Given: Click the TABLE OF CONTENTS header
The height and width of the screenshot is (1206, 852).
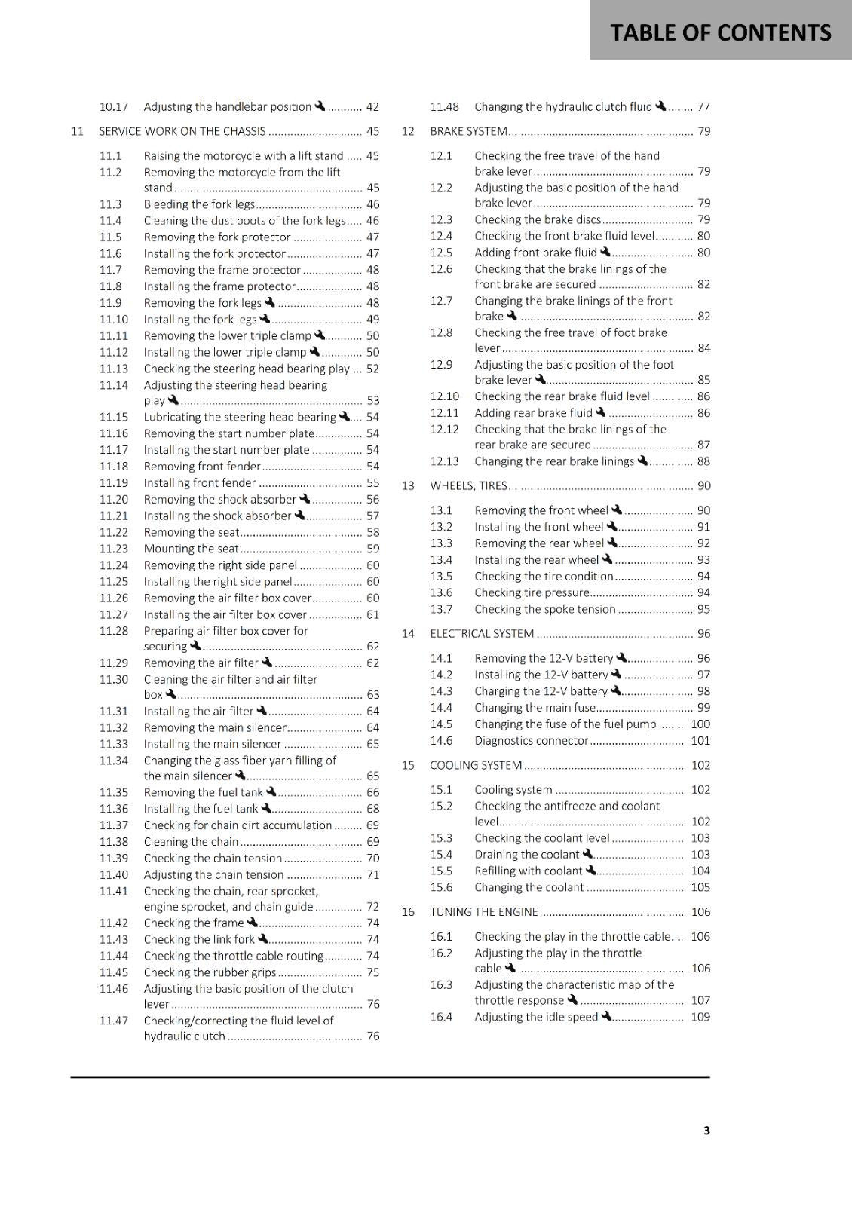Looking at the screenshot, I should click(720, 32).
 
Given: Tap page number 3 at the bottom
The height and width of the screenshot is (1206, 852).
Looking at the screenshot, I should click(706, 1130).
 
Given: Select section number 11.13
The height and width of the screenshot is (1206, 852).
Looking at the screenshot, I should click(114, 369).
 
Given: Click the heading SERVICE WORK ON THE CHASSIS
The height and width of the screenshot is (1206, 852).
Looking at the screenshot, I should click(182, 131).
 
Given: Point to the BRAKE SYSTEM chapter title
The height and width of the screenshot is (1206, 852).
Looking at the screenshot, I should click(468, 131).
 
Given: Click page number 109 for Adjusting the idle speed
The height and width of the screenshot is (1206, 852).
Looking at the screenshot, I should click(700, 1017).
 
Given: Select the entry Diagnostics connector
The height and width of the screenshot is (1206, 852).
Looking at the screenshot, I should click(531, 741).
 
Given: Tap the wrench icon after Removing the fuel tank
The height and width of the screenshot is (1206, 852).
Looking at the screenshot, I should click(271, 791).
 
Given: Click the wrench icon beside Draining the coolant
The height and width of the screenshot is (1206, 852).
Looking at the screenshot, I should click(587, 854).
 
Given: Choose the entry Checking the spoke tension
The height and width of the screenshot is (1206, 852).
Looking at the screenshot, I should click(544, 609).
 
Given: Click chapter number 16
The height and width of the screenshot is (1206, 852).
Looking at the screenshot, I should click(408, 912).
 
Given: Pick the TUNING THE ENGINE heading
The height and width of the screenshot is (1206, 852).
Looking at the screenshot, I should click(484, 912).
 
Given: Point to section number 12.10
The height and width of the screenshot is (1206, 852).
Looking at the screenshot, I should click(444, 396).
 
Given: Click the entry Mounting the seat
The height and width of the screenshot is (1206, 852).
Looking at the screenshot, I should click(191, 549).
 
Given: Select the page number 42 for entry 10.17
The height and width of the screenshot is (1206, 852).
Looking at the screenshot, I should click(372, 107).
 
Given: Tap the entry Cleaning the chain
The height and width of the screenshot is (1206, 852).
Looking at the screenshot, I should click(191, 842).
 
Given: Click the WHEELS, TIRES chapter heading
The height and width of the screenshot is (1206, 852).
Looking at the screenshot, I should click(468, 486).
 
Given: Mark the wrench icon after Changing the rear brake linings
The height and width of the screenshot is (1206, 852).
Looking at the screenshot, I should click(642, 460).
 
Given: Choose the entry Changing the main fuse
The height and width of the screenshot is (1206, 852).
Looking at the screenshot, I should click(535, 708).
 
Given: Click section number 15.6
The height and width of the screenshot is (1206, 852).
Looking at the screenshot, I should click(441, 887).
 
